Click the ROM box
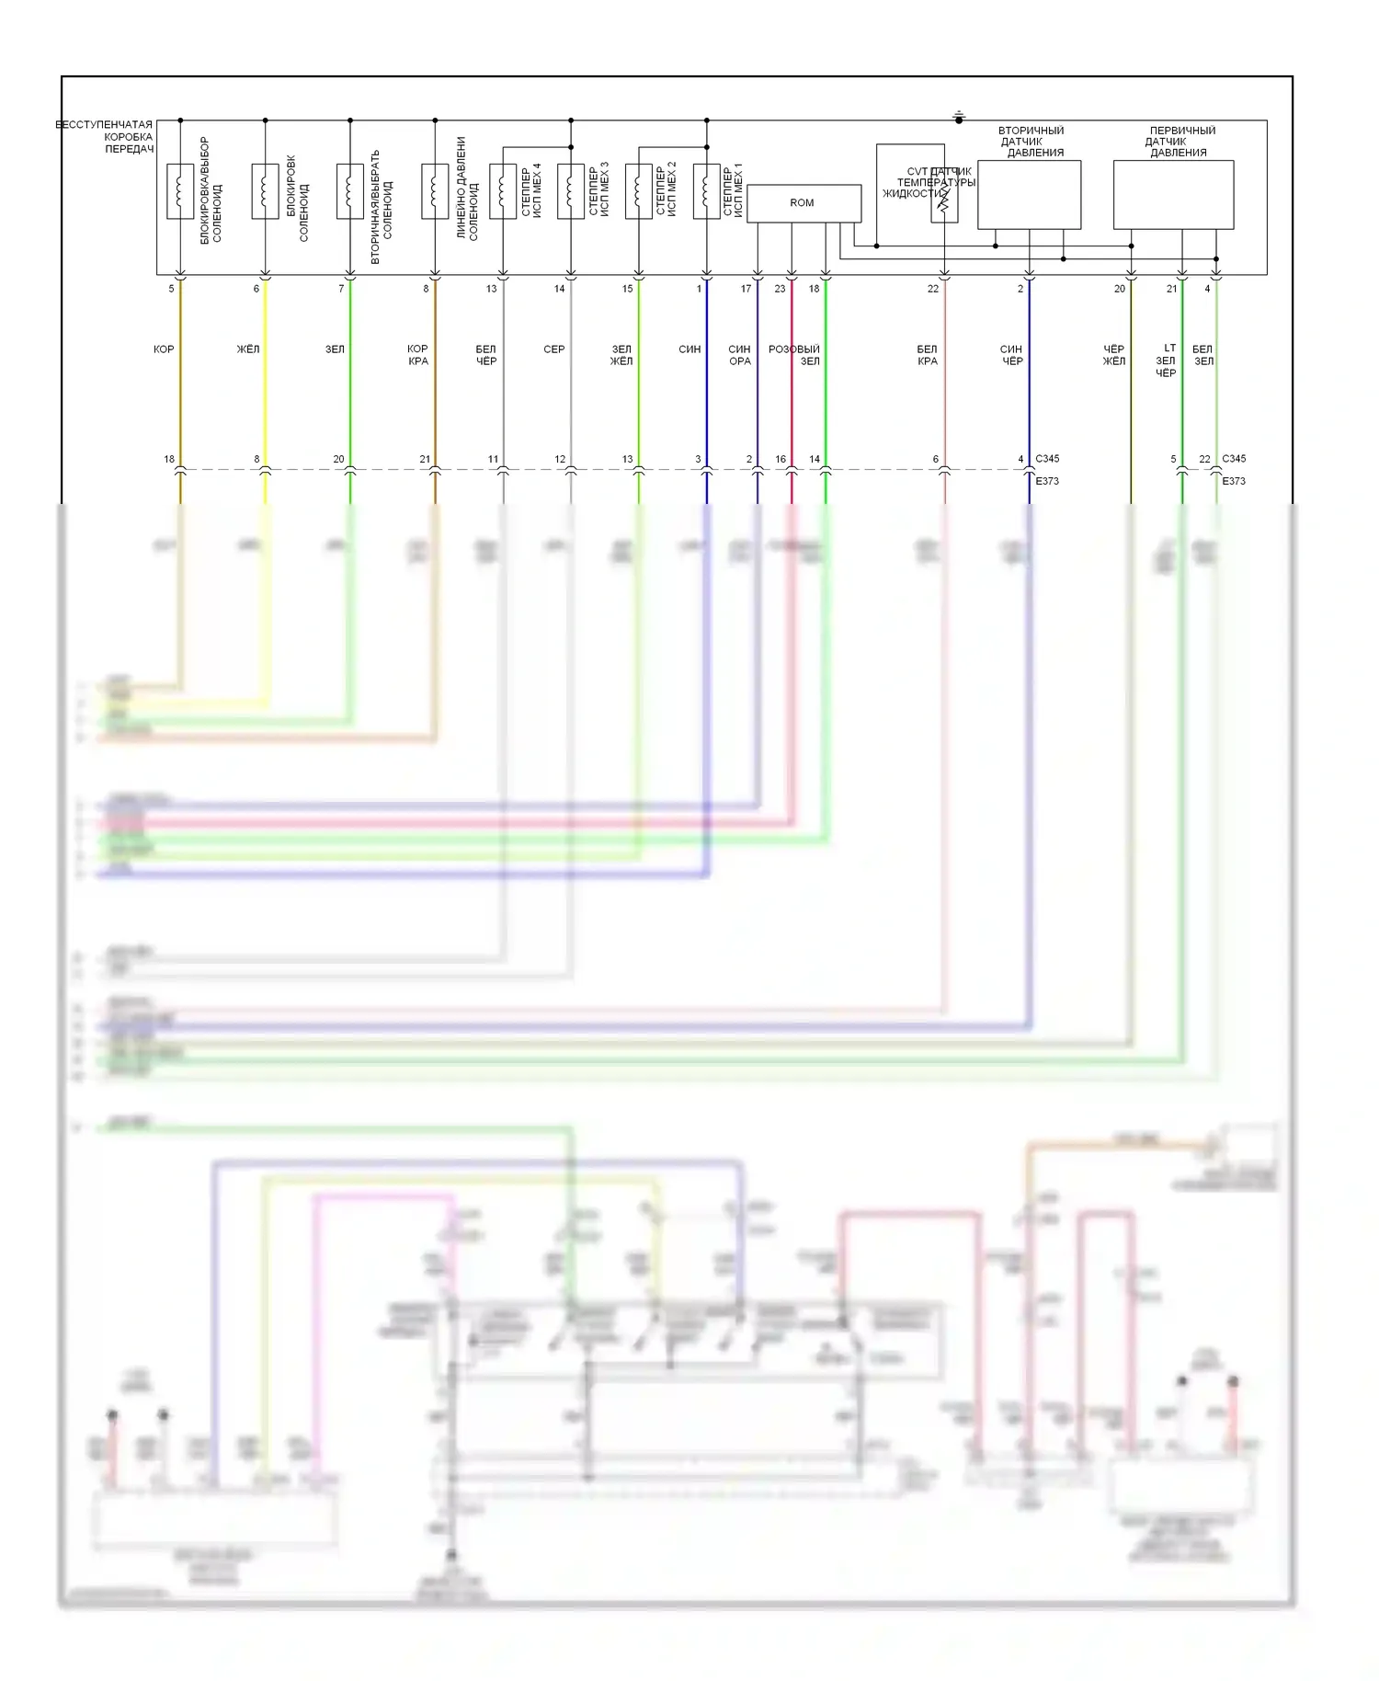tap(803, 203)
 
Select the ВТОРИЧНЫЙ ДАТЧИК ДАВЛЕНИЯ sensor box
tap(1029, 195)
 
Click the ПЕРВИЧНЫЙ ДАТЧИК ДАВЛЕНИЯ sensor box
tap(1173, 195)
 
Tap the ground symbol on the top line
tap(959, 117)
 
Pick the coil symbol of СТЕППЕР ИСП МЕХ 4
tap(503, 191)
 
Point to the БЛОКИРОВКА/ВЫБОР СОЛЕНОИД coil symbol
tap(180, 191)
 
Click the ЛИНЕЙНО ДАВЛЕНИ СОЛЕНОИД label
tap(467, 189)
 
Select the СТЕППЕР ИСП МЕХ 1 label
tap(733, 190)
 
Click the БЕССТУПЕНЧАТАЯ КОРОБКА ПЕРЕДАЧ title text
tap(105, 136)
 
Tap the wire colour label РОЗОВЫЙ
tap(793, 349)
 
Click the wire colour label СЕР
tap(553, 349)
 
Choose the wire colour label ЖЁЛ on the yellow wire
tap(248, 349)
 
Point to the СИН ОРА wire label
tap(739, 355)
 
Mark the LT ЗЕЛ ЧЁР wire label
tap(1166, 360)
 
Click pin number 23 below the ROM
tap(780, 289)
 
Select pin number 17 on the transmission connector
tap(746, 289)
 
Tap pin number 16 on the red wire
tap(781, 459)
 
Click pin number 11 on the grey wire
tap(493, 459)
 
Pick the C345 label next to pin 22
tap(1234, 458)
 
